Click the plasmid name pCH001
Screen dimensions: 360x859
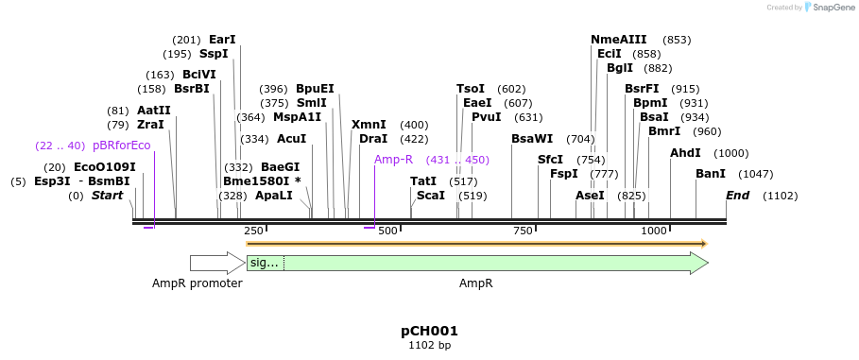429,331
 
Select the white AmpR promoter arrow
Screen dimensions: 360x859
216,263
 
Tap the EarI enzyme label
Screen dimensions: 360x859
222,40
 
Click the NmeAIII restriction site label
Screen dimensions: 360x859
619,40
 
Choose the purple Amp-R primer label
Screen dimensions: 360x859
393,160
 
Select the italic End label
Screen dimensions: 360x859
737,196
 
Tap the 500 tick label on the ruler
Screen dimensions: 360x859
387,231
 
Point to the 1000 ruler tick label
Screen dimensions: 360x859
654,231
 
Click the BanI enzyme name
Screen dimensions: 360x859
711,174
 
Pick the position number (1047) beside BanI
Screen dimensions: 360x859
755,174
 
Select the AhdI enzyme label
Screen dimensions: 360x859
685,153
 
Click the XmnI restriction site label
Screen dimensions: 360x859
369,125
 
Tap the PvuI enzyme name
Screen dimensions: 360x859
486,117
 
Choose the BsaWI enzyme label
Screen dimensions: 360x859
532,139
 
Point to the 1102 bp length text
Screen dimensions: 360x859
429,346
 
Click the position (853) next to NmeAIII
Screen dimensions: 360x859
677,40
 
